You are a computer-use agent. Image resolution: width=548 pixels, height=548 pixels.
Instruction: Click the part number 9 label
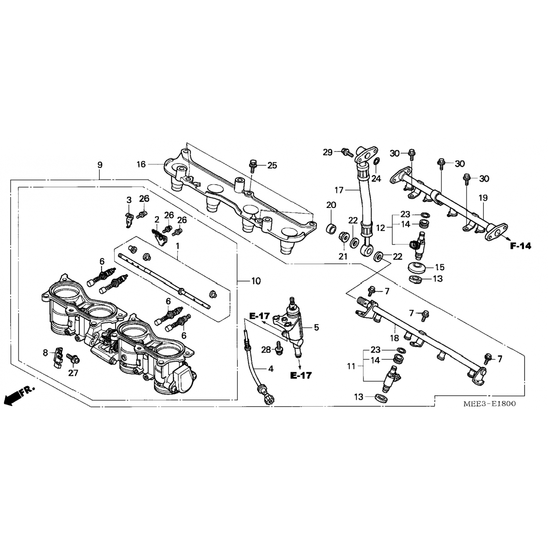pos(100,165)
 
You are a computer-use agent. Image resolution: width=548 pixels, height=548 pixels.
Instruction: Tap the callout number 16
pos(141,164)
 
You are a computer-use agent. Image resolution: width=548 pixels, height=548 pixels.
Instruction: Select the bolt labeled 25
pos(252,165)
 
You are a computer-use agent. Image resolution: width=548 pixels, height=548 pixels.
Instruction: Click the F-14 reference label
pos(520,246)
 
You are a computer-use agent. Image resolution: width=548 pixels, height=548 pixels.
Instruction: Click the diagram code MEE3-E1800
pos(489,404)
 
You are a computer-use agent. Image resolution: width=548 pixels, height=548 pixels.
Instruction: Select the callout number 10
pos(256,281)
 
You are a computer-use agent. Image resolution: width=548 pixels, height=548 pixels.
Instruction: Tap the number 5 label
pos(316,327)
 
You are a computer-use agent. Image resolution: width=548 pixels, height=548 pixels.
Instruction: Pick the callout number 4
pos(271,369)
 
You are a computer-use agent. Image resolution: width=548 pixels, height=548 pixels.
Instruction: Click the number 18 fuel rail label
pos(394,338)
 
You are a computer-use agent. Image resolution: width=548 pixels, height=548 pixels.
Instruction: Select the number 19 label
pos(483,198)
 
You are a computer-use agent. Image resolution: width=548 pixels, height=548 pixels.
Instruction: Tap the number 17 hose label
pos(339,190)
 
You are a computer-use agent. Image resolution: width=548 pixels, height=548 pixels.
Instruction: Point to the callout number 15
pos(439,267)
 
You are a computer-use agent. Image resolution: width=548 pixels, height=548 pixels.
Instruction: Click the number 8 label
pos(45,353)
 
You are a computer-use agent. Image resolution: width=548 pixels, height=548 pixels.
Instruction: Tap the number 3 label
pos(129,200)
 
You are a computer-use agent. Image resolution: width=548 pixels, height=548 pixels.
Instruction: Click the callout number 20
pos(331,205)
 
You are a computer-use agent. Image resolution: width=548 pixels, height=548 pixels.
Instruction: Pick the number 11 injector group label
pos(351,366)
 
